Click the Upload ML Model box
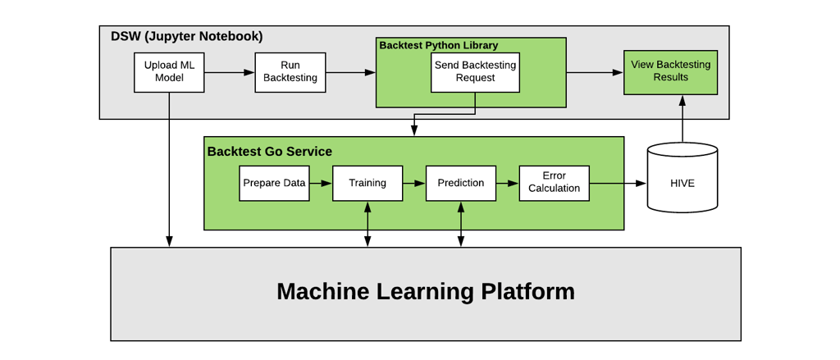169,72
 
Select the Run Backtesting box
290,72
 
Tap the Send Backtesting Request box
475,72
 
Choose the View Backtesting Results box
670,71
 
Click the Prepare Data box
274,183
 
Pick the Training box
367,183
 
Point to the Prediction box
461,183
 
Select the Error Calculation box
554,183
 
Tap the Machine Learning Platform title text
425,292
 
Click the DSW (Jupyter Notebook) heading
187,37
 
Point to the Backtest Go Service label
269,152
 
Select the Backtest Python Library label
438,46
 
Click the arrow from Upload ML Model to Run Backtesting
230,72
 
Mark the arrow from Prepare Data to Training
321,183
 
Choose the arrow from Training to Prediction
414,183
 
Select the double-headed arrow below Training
367,224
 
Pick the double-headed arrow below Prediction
461,224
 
